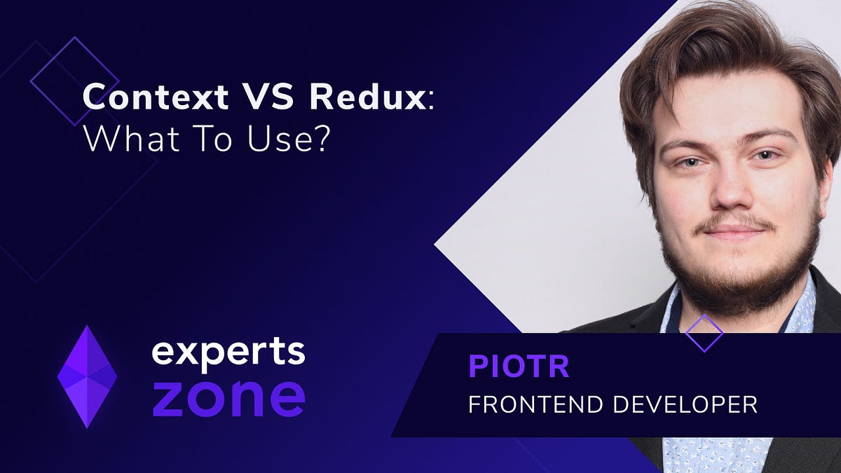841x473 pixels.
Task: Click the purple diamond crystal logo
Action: pos(87,376)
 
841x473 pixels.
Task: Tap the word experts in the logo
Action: pos(228,351)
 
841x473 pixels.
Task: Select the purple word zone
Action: pos(228,397)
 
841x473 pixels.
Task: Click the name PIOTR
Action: pos(519,367)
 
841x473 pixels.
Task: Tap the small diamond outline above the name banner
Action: pos(704,332)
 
